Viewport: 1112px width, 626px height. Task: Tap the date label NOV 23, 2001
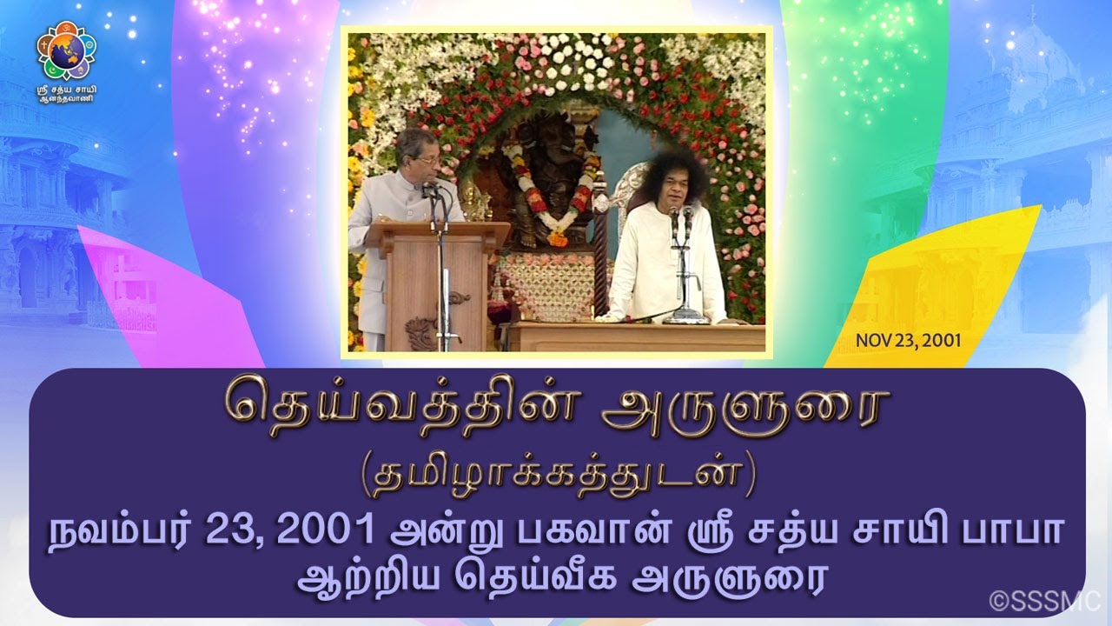point(908,340)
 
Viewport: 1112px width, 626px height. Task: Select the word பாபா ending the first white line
point(1023,530)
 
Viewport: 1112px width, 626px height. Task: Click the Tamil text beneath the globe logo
point(66,93)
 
